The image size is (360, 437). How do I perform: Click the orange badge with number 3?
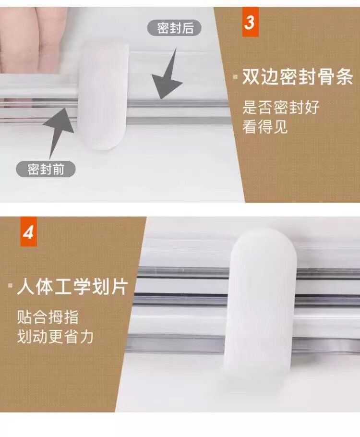tap(250, 22)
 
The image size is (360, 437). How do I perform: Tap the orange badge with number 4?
tap(29, 232)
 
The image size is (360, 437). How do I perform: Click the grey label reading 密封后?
tap(174, 28)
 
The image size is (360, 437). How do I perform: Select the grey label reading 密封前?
tap(46, 169)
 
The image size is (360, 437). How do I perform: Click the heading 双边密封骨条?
tap(298, 76)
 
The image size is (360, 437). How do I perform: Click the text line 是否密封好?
tap(281, 107)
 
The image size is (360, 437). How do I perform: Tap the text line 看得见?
tap(264, 127)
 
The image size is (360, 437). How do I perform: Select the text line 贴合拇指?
tap(48, 317)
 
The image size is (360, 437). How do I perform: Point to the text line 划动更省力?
tap(55, 336)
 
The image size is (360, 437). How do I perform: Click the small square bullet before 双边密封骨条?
tap(236, 76)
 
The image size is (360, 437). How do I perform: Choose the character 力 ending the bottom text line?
tap(86, 336)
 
